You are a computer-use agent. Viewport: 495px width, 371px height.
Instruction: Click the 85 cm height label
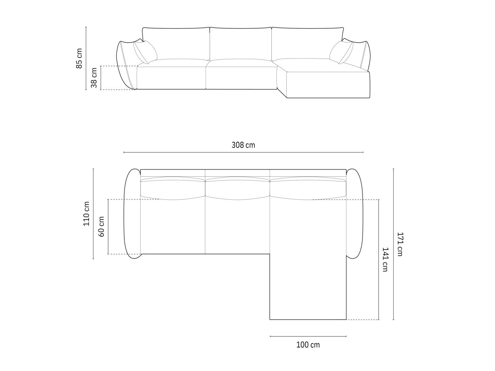[79, 59]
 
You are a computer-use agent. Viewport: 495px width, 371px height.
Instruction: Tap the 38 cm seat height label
[94, 78]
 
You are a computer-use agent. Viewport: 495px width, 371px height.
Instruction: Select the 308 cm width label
[243, 145]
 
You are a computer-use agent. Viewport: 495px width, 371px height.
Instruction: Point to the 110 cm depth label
[86, 214]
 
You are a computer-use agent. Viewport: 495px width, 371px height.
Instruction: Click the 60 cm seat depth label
[101, 227]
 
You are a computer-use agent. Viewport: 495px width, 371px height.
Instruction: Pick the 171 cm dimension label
[400, 244]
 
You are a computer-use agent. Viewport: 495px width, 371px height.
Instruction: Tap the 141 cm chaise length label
[385, 259]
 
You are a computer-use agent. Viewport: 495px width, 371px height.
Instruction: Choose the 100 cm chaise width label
[308, 345]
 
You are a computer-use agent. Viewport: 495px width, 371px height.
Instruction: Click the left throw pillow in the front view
[145, 52]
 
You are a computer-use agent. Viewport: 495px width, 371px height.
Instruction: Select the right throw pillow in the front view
[341, 52]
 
